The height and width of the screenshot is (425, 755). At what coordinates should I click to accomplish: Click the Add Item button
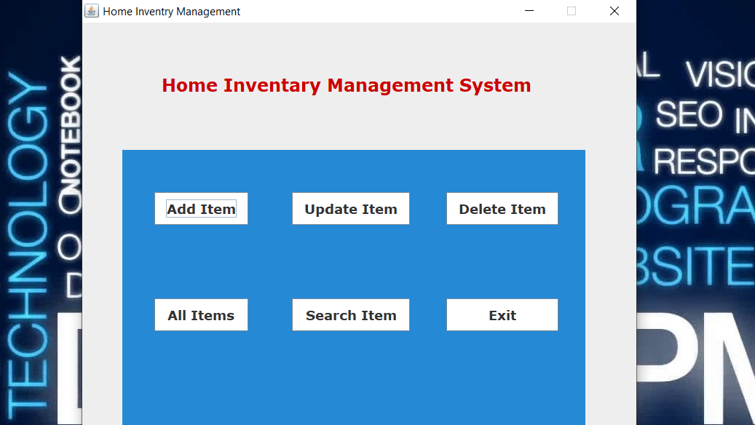tap(201, 209)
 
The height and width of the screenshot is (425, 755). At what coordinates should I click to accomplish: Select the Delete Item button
tap(502, 209)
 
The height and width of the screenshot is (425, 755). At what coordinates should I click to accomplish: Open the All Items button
tap(201, 315)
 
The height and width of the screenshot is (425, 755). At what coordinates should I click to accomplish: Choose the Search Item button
tap(350, 315)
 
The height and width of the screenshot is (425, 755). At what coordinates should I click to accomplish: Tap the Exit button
tap(502, 315)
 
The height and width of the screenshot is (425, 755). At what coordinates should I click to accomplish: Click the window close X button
tap(614, 11)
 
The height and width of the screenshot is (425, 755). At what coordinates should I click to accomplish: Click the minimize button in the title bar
tap(529, 11)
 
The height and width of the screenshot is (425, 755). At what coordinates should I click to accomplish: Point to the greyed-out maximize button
tap(572, 11)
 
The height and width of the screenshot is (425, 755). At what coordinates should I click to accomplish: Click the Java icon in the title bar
tap(92, 11)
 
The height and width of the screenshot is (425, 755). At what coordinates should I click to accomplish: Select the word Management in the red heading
tap(390, 86)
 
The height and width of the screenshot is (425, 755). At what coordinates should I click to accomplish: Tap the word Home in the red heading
tap(189, 86)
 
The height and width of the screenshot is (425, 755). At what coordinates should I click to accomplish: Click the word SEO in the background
tap(689, 115)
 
